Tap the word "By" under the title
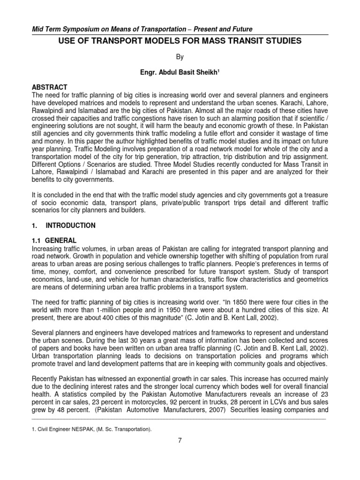[x=180, y=57]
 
